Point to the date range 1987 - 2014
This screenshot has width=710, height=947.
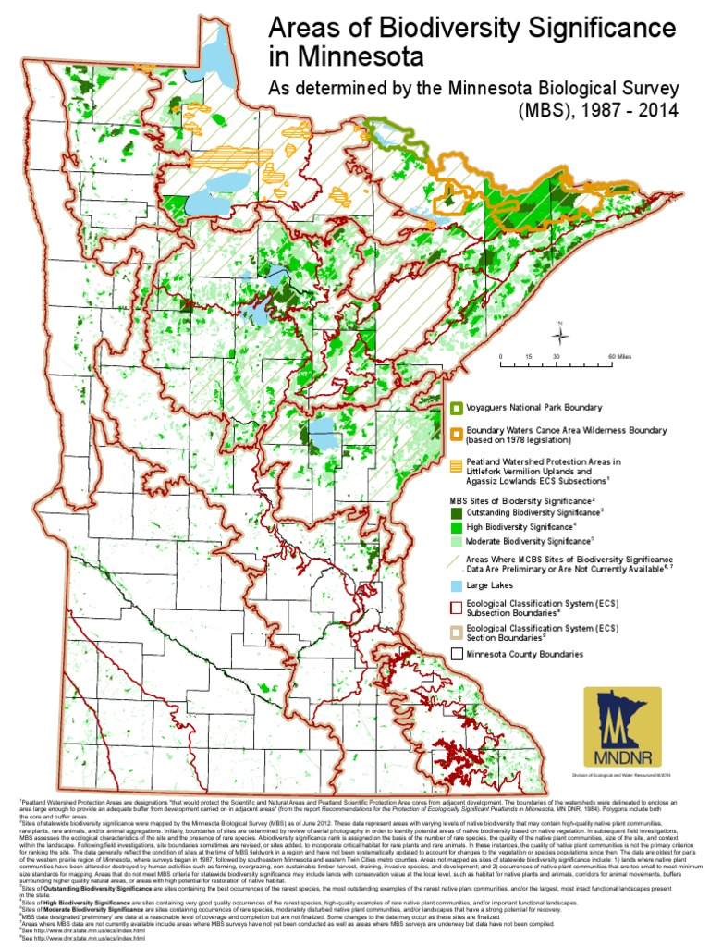(626, 110)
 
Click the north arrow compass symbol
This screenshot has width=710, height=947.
(563, 335)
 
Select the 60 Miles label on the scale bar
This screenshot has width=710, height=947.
(618, 357)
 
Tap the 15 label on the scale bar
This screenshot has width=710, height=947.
(528, 357)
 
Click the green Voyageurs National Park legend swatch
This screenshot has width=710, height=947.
(457, 408)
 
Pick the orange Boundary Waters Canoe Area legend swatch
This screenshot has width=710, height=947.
(457, 431)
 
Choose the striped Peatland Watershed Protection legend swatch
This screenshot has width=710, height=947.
(457, 465)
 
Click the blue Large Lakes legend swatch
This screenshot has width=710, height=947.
(457, 586)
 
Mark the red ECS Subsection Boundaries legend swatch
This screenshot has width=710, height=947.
(457, 607)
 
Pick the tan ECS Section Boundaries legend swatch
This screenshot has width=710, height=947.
(457, 632)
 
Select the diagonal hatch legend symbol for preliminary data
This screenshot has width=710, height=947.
(457, 560)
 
